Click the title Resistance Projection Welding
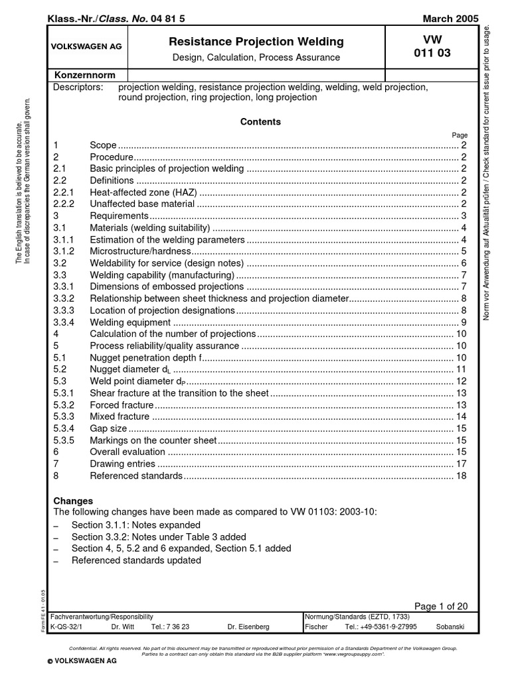click(256, 42)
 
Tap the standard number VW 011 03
click(431, 47)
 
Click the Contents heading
click(260, 122)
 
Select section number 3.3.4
click(64, 322)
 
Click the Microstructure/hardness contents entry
click(140, 251)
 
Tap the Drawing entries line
click(122, 464)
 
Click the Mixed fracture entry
click(120, 416)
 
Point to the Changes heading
click(73, 501)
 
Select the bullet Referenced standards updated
click(136, 560)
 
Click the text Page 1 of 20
click(441, 606)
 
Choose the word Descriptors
click(78, 88)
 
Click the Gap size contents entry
click(108, 428)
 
